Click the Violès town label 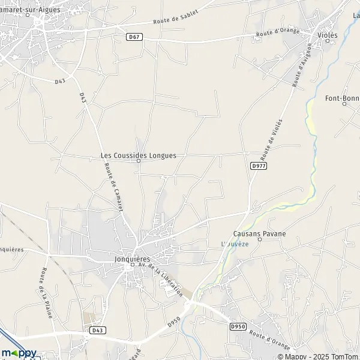coord(328,35)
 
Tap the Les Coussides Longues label coord(138,155)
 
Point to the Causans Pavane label coord(259,233)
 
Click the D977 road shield coord(259,165)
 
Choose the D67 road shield coord(134,37)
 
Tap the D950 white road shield coord(238,326)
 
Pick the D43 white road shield coord(97,330)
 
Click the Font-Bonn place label coord(342,98)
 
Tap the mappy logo coord(19,353)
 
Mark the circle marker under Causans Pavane coord(260,239)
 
